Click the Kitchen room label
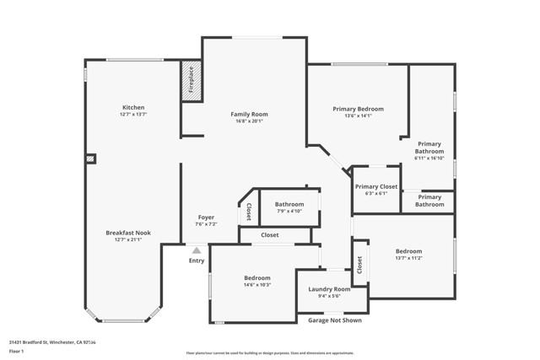tap(133, 108)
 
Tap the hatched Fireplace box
tap(190, 84)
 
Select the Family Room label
tap(249, 114)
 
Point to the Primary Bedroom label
tap(358, 109)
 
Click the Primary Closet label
tap(376, 186)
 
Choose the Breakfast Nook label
tap(128, 233)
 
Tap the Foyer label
tap(206, 218)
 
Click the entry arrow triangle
tap(197, 250)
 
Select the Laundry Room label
tap(329, 288)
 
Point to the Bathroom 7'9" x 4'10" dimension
tap(289, 211)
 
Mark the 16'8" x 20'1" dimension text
tap(249, 121)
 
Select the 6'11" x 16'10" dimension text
tap(429, 158)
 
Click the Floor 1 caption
tap(17, 350)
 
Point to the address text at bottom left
tap(52, 341)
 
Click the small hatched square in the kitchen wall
tap(91, 158)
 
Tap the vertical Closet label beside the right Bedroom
tap(359, 266)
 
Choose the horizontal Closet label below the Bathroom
tap(270, 235)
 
